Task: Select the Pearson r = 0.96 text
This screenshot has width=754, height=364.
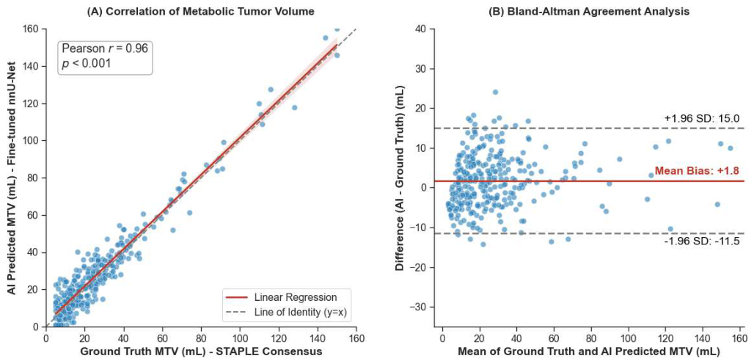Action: coord(105,48)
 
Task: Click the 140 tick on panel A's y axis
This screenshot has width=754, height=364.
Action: coord(34,66)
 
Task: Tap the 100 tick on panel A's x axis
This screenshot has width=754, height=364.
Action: coord(240,337)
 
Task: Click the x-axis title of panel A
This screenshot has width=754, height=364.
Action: coord(201,352)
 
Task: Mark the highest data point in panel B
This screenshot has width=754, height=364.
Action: coord(495,92)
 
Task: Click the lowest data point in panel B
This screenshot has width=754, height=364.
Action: coord(483,244)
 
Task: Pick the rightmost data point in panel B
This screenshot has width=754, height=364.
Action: coord(730,148)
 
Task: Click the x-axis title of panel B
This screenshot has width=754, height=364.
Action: coord(588,352)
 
